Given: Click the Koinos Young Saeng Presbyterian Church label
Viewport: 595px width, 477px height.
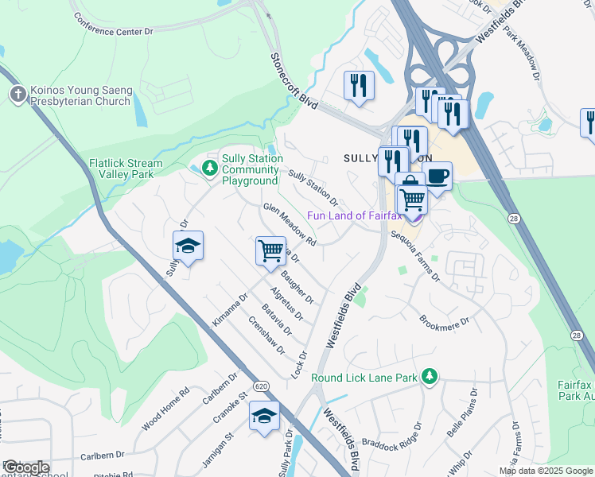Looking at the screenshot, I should coord(80,95).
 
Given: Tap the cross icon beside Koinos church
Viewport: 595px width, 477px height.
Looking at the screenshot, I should coord(17,95).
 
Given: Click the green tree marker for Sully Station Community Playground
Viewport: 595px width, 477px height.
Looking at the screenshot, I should coord(209,169).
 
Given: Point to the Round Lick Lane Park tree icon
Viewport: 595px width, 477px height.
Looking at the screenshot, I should coord(430,375).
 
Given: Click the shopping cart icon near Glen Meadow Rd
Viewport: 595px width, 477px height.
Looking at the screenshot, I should coord(270,250).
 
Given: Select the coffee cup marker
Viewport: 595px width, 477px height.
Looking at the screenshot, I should coord(437,175).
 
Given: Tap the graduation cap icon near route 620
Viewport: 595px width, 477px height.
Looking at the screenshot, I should coord(265,416).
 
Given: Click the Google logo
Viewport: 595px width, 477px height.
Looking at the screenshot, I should coord(27,467).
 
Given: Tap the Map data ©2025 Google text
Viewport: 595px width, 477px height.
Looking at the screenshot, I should coord(545,471).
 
